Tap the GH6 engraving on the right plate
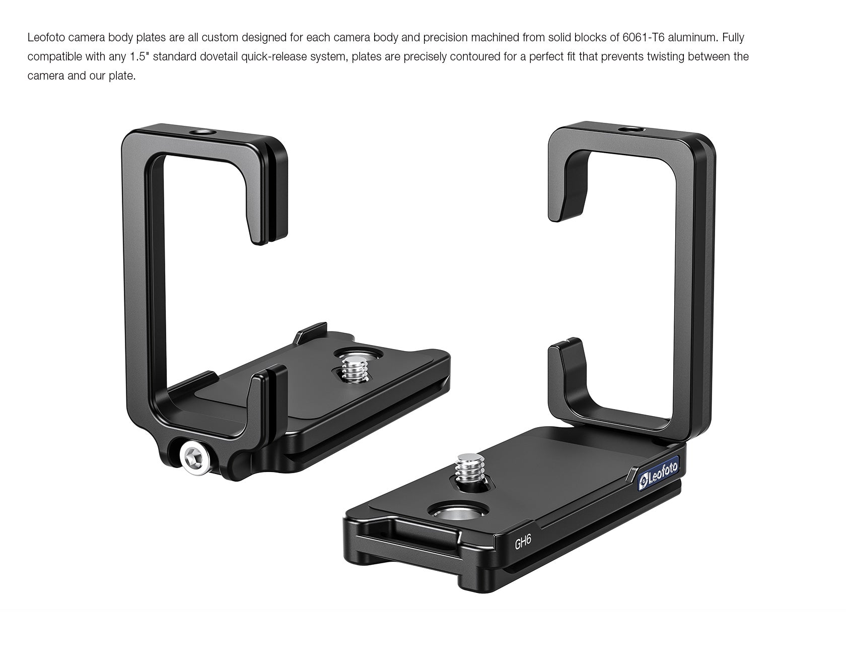(x=523, y=543)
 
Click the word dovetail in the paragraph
(x=219, y=56)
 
